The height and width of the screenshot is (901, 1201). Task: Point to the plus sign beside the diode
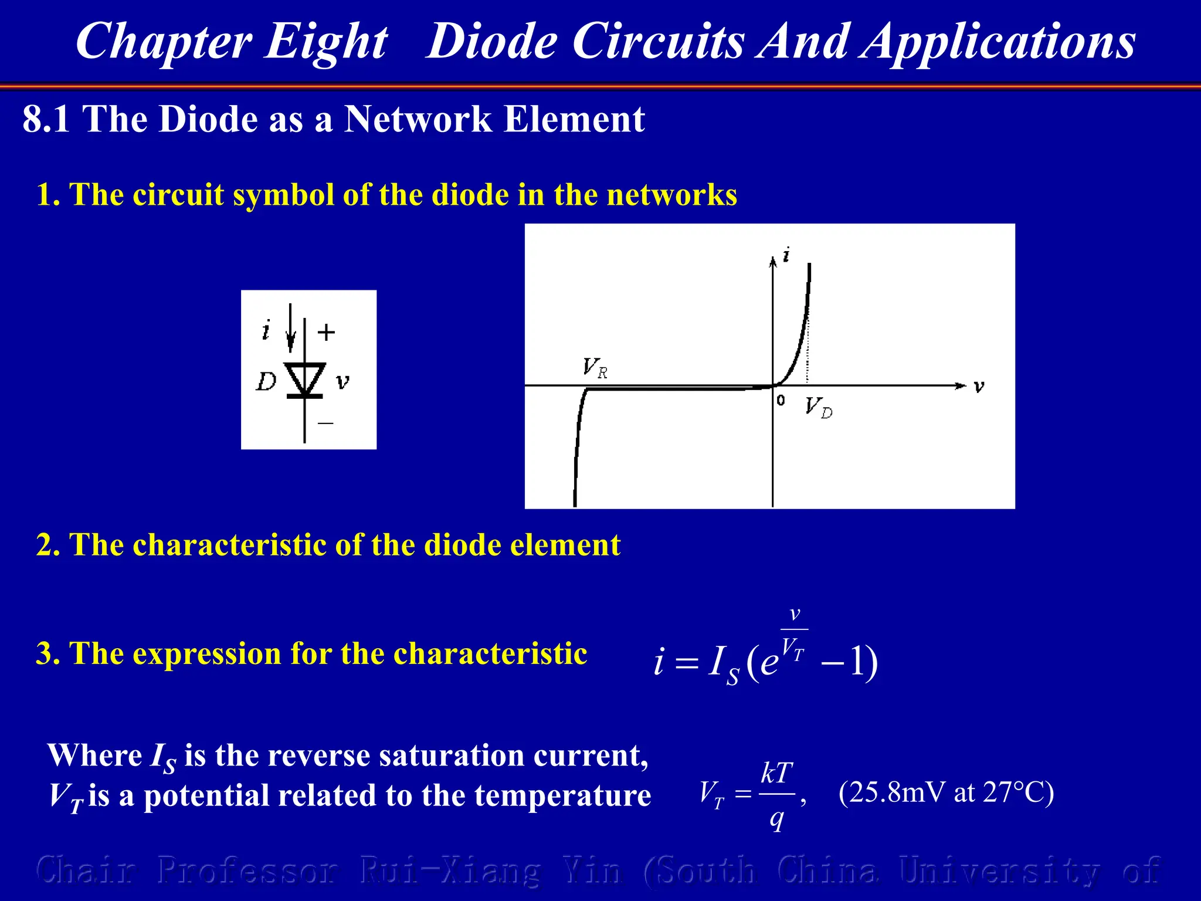(326, 333)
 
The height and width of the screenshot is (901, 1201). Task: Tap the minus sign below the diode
(325, 422)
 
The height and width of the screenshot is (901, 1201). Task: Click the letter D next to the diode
(266, 382)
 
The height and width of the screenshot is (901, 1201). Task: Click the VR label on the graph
(595, 368)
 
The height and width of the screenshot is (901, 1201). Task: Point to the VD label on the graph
(818, 407)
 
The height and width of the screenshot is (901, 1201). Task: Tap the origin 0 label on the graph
(781, 400)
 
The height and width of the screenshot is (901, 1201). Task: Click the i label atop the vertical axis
(786, 255)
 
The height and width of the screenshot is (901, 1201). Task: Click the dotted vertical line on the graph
(808, 352)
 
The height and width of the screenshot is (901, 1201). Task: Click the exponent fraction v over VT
(794, 634)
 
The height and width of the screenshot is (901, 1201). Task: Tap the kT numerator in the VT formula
(776, 773)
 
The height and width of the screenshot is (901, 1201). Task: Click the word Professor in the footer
(247, 870)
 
